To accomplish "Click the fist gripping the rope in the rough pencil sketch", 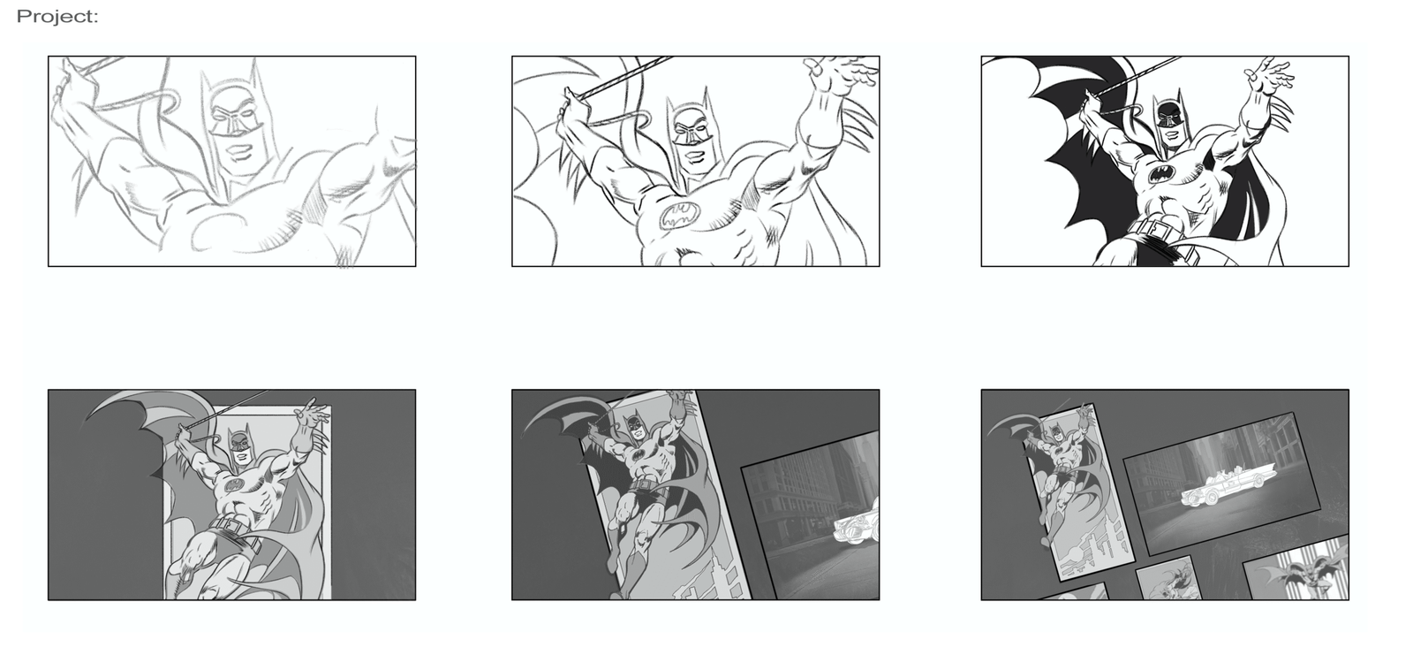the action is (x=65, y=89).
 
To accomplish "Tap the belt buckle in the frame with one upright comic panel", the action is (x=227, y=524).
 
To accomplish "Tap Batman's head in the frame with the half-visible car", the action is (x=635, y=425).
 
